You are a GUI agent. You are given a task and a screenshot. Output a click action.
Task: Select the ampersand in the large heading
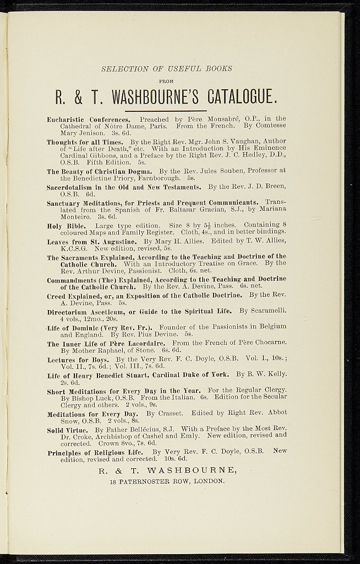78,98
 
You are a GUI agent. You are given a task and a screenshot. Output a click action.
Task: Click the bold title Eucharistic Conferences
89,119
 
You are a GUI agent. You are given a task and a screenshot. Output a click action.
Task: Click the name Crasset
159,413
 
